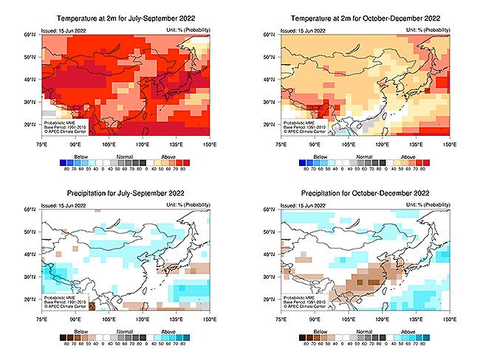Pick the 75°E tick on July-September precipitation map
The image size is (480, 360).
click(x=41, y=322)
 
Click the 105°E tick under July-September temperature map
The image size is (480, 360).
click(x=109, y=145)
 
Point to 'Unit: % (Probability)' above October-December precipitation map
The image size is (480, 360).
click(x=428, y=207)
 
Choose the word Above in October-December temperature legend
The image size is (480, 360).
click(x=407, y=156)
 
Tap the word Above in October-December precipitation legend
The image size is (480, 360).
click(x=407, y=333)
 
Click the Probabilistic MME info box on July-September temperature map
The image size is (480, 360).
click(x=65, y=125)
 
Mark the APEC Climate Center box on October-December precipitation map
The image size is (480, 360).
click(x=305, y=302)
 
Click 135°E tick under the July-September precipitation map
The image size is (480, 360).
click(x=176, y=322)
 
